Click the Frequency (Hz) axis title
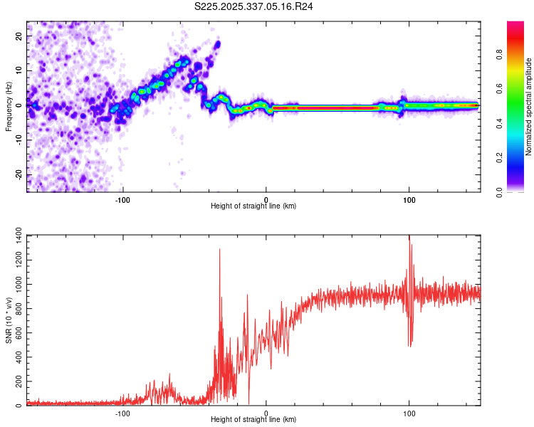[9, 107]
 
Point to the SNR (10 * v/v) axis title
[9, 320]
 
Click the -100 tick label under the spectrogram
[122, 199]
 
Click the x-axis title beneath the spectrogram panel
[253, 206]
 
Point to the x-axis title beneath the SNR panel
[253, 420]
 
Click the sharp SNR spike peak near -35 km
[219, 249]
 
